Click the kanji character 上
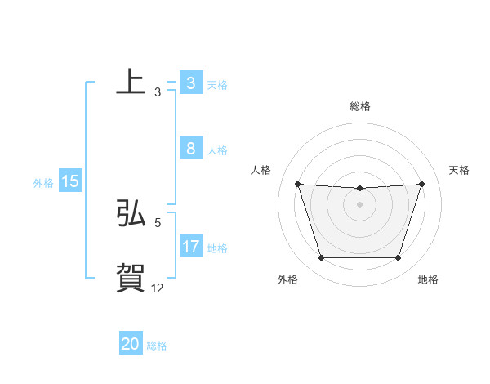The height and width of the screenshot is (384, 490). click(131, 82)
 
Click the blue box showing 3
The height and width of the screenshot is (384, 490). click(190, 83)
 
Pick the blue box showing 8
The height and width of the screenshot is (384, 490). click(190, 149)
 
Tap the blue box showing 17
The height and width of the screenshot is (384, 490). click(190, 246)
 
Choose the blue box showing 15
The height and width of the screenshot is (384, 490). click(70, 181)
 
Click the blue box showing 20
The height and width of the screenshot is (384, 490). click(131, 344)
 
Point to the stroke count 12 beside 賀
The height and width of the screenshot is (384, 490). click(158, 288)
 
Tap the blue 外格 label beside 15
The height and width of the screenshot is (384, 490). click(43, 183)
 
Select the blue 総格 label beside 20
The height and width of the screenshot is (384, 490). click(157, 346)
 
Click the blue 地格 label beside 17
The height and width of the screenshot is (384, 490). click(217, 248)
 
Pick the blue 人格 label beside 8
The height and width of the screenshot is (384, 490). click(217, 150)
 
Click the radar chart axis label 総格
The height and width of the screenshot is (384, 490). click(359, 106)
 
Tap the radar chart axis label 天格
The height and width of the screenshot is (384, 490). click(459, 170)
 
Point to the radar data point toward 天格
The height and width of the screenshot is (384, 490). click(421, 184)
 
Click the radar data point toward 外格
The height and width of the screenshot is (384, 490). click(321, 258)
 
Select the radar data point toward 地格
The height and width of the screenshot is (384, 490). click(398, 258)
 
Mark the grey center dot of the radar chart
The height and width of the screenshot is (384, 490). click(359, 204)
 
